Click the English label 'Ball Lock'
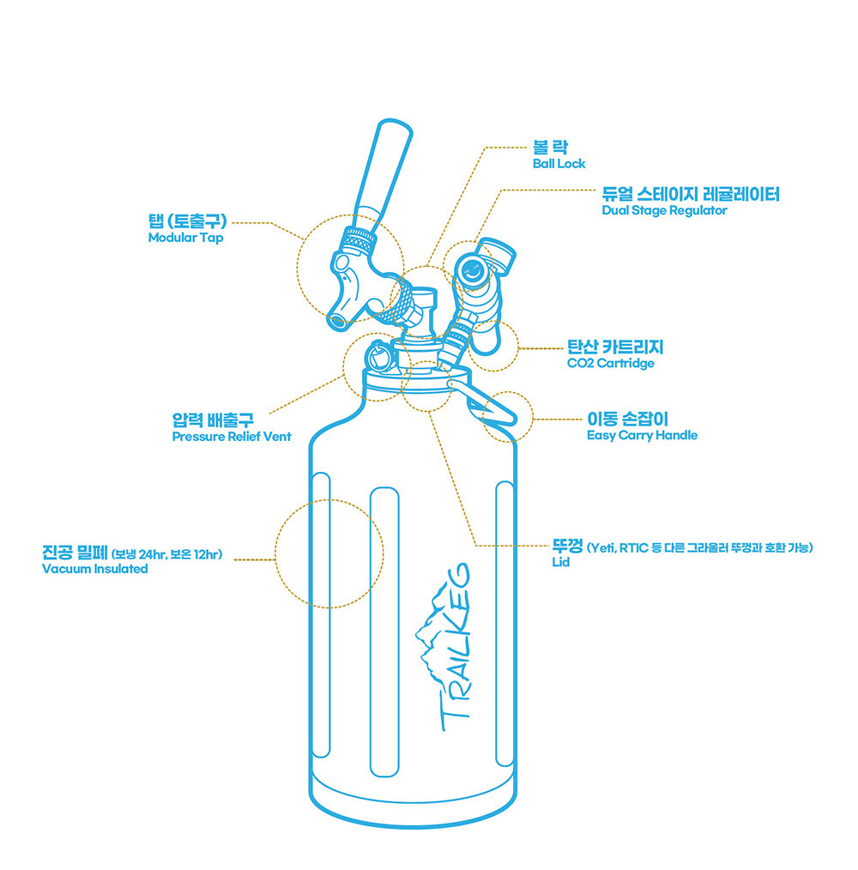click(x=559, y=164)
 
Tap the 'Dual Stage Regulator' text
click(x=664, y=210)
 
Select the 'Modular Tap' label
click(x=185, y=238)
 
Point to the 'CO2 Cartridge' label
click(x=611, y=364)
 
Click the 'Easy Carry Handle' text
click(x=642, y=436)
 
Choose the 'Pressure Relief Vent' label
click(x=232, y=437)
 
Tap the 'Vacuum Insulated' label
click(x=95, y=569)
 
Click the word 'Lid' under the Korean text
click(x=560, y=562)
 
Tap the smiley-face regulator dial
click(x=472, y=271)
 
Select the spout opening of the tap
click(x=336, y=321)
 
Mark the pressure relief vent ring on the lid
click(x=379, y=356)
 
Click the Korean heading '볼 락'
click(x=550, y=148)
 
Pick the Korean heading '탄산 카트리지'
click(x=615, y=347)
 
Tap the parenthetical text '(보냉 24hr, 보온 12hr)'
click(x=167, y=554)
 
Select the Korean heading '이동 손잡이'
click(x=628, y=419)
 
